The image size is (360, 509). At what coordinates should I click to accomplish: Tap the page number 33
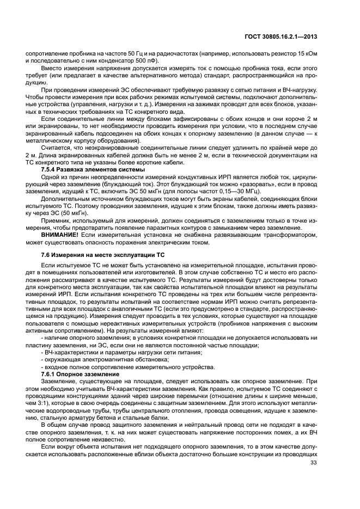coord(313,463)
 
